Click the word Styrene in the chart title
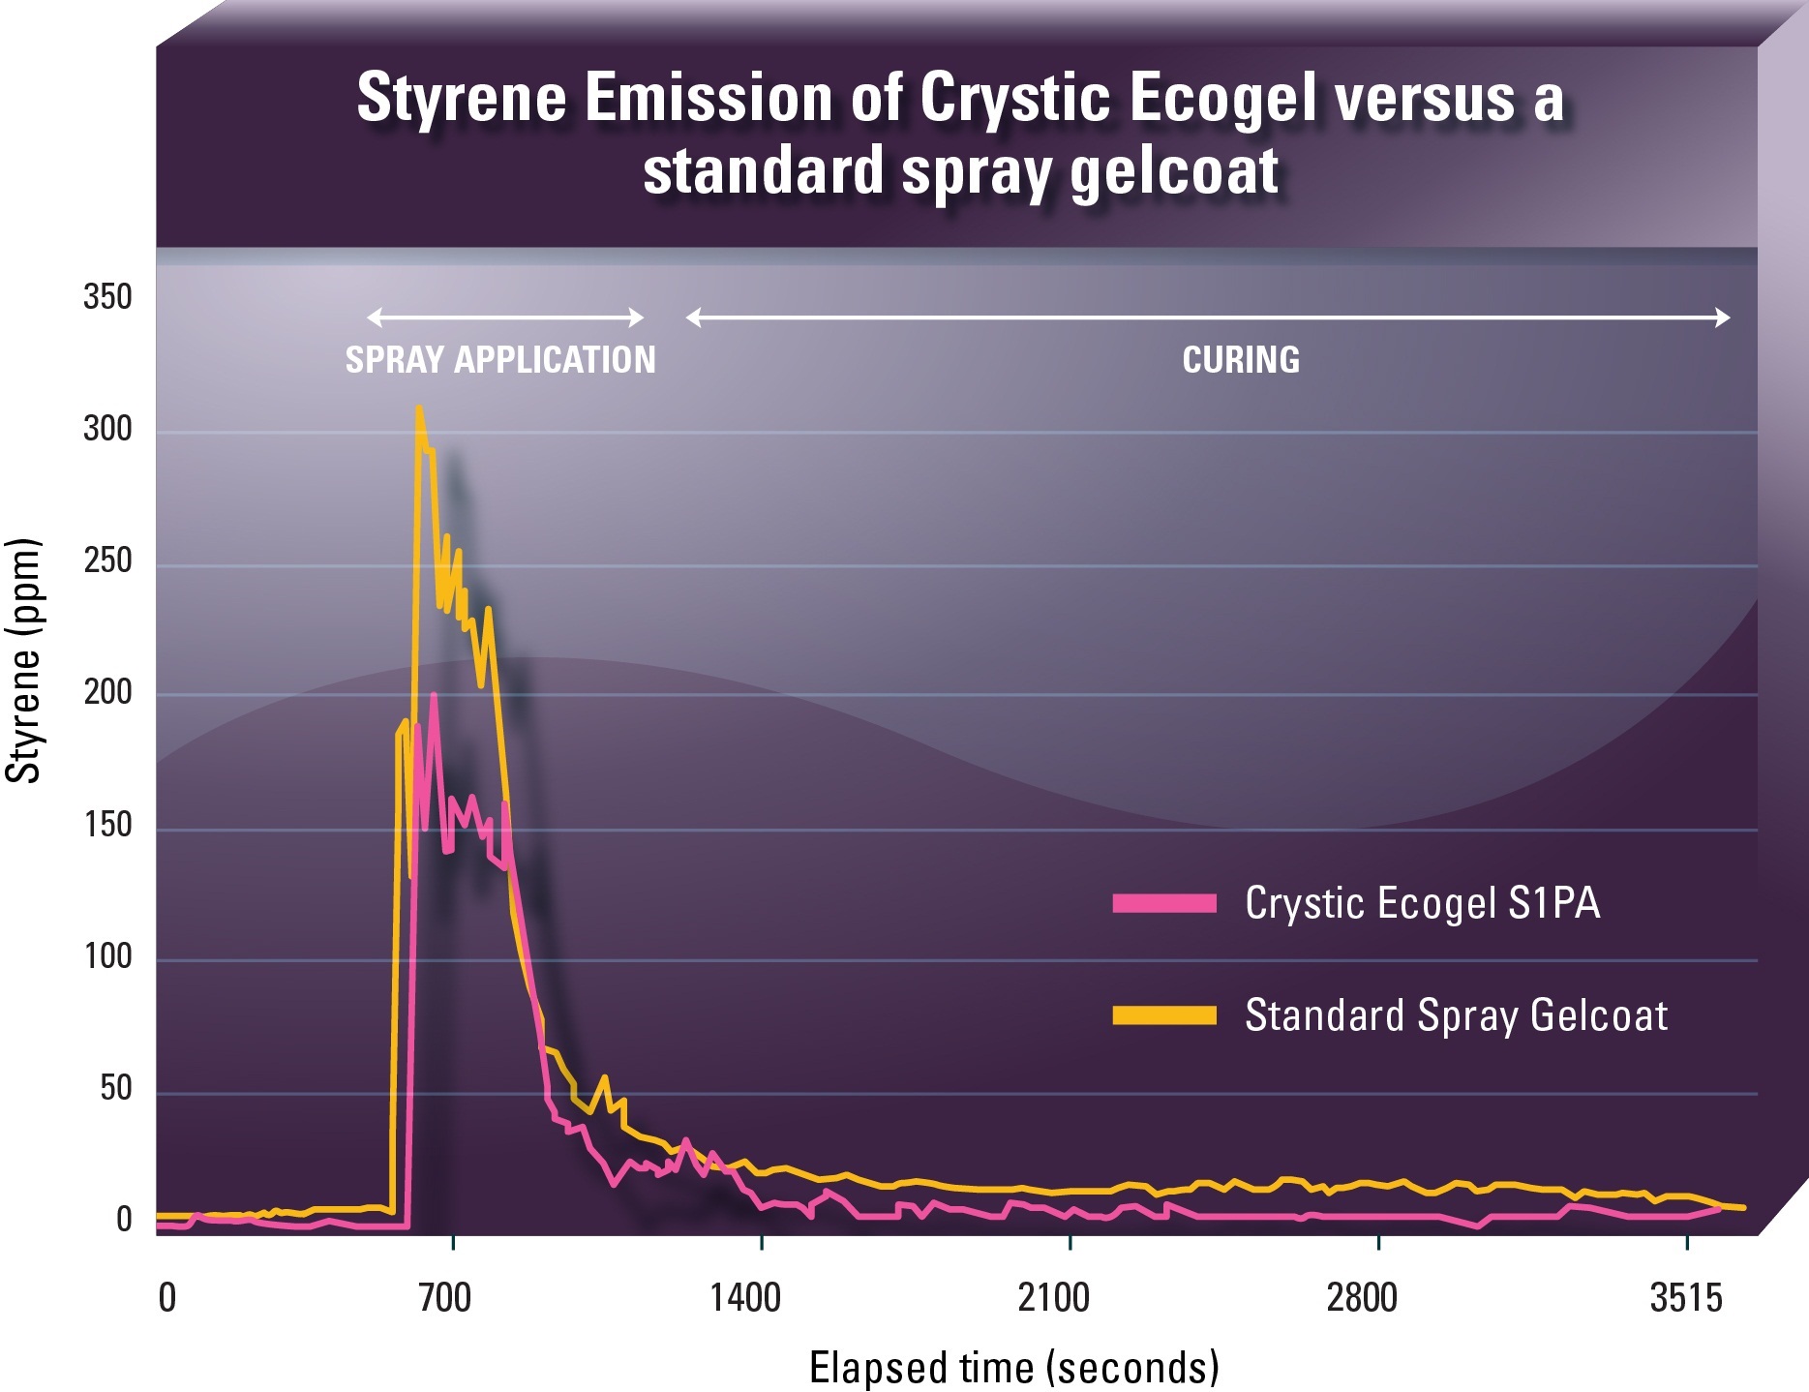click(x=461, y=98)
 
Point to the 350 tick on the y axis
click(x=107, y=296)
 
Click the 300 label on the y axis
click(x=107, y=428)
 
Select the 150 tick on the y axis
click(x=107, y=824)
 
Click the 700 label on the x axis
click(x=444, y=1297)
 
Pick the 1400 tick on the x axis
click(x=745, y=1297)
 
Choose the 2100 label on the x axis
click(x=1054, y=1297)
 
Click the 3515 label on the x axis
click(x=1686, y=1297)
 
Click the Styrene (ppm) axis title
click(x=24, y=660)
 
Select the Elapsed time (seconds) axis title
click(x=1013, y=1368)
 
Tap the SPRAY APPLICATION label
click(x=500, y=360)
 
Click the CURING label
click(x=1241, y=360)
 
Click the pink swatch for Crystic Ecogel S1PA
click(x=1164, y=903)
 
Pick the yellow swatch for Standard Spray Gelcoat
click(x=1164, y=1014)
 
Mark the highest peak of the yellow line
click(x=418, y=408)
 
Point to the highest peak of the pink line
click(x=434, y=695)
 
